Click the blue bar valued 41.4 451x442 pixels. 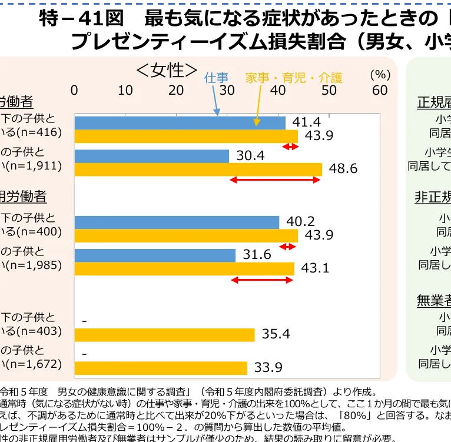pos(180,123)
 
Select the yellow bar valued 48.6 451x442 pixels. pos(198,170)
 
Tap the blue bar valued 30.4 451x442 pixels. pos(151,156)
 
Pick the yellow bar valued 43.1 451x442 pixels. pos(184,269)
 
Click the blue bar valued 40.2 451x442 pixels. pos(177,222)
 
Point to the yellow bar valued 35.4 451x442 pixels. pos(164,335)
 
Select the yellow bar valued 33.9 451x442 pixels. pos(160,368)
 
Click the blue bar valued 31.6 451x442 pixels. pos(154,255)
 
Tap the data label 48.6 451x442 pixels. pos(343,169)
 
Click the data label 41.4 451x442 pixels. pos(307,122)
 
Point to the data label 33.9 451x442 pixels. pos(268,368)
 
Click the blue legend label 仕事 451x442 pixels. pos(216,77)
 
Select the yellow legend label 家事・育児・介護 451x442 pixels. pos(294,77)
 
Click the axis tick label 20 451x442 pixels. pos(176,90)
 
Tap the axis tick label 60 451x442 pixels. pos(380,90)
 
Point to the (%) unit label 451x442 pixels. pos(380,75)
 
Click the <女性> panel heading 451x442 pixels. pos(167,71)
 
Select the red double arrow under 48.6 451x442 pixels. pos(274,180)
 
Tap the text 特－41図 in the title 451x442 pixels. pos(82,20)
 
